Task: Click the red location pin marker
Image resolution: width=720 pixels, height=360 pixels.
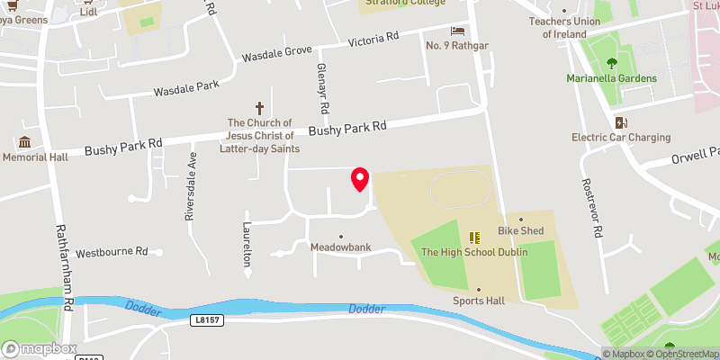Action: click(x=360, y=179)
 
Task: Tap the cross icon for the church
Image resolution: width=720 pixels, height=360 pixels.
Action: click(x=260, y=107)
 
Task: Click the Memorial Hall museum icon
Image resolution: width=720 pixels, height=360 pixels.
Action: click(x=24, y=142)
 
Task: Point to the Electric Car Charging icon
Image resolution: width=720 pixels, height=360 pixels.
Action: click(x=620, y=122)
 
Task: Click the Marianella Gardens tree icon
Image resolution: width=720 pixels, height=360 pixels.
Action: click(x=612, y=63)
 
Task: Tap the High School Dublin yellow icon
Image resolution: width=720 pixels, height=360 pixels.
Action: click(x=474, y=238)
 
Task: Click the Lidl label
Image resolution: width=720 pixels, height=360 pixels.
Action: click(x=87, y=12)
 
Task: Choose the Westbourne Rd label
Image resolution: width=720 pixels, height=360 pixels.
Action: click(x=112, y=253)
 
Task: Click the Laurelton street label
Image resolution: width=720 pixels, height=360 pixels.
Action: click(x=246, y=244)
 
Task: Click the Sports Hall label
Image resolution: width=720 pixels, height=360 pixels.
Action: click(x=479, y=301)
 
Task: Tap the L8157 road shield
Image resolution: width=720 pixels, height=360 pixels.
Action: click(x=206, y=319)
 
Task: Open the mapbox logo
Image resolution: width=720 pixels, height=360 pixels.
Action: click(x=40, y=348)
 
